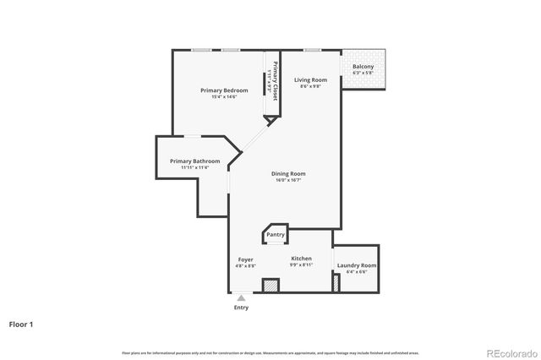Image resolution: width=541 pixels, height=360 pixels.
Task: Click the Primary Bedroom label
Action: click(224, 90)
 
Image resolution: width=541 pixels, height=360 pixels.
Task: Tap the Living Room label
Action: click(310, 80)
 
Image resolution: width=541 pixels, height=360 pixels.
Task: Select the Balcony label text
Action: click(363, 66)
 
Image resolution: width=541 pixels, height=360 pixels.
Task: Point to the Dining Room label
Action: click(288, 174)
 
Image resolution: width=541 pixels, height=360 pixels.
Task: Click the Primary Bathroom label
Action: click(194, 161)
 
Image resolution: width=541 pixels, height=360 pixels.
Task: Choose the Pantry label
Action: click(276, 234)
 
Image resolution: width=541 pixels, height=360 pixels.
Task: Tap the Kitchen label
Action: click(302, 259)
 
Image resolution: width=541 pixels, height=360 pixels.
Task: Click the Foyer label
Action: click(245, 259)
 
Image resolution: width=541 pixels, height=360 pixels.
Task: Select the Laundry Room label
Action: click(356, 265)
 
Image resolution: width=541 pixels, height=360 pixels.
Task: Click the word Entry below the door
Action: click(242, 308)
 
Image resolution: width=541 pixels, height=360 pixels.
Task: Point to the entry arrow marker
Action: click(242, 297)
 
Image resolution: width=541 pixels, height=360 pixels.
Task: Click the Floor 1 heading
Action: click(22, 324)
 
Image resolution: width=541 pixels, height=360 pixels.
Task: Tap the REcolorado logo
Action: click(510, 352)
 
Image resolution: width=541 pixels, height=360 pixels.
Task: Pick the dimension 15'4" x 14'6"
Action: click(224, 97)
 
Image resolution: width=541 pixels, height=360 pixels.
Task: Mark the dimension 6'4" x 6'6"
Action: click(356, 272)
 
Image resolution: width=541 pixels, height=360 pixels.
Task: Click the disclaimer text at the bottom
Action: click(270, 352)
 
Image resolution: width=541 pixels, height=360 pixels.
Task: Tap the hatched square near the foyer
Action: click(270, 286)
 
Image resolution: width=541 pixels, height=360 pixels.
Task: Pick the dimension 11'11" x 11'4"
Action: click(194, 168)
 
